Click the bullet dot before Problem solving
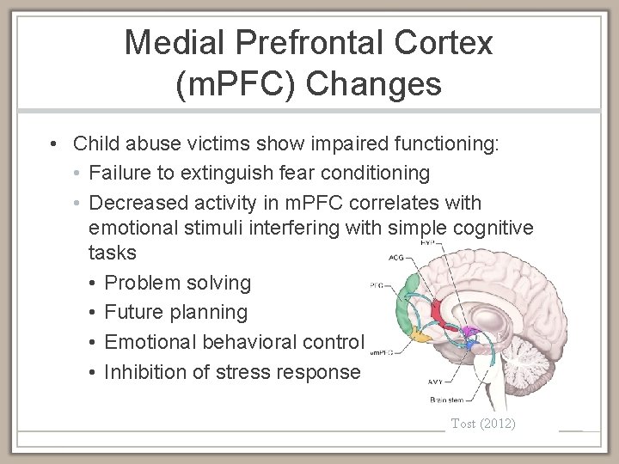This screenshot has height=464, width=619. [93, 283]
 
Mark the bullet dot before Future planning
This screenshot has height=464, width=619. [93, 312]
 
